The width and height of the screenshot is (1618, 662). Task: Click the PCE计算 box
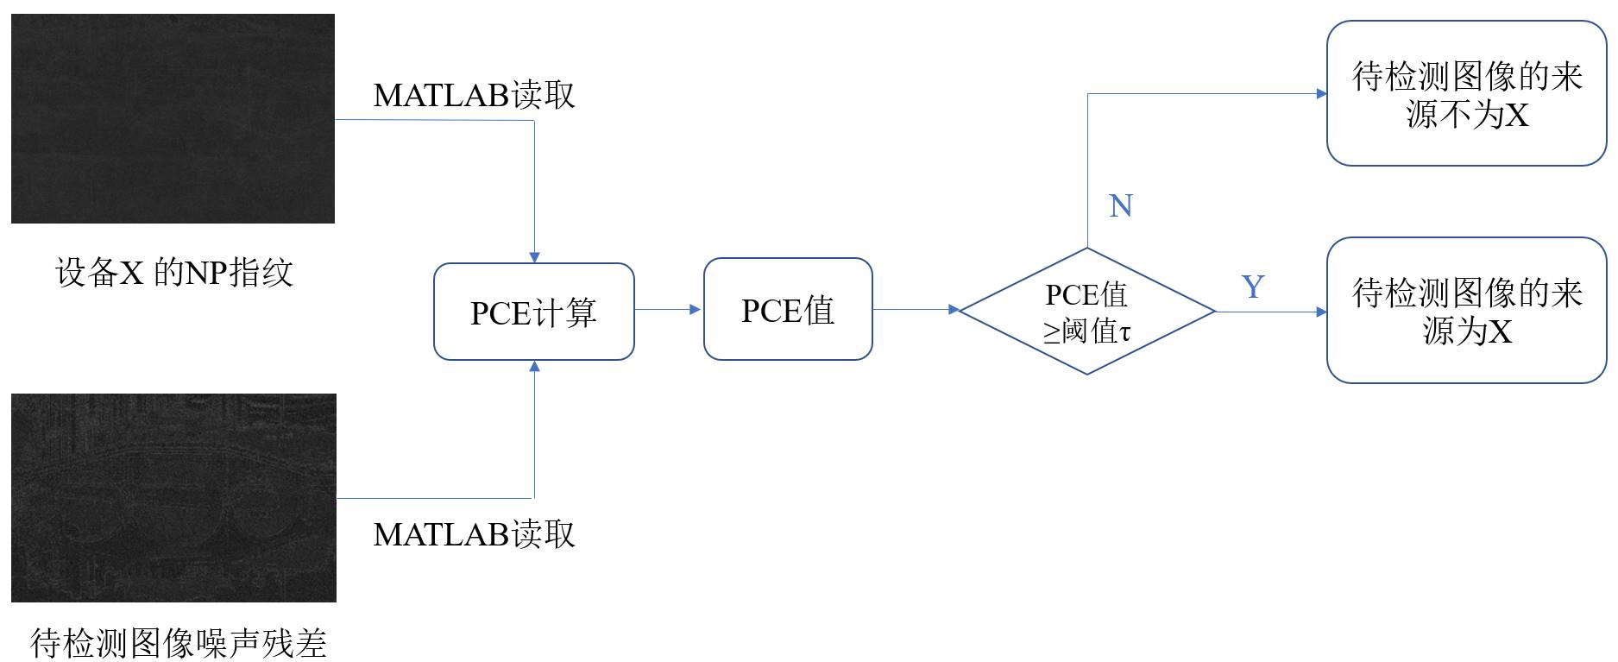click(x=534, y=312)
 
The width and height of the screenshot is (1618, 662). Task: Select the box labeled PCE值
click(x=788, y=309)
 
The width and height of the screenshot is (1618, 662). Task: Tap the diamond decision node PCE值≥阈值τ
click(x=1087, y=312)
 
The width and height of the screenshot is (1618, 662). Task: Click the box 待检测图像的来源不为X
click(x=1466, y=93)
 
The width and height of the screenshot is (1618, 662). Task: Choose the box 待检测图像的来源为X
click(x=1466, y=310)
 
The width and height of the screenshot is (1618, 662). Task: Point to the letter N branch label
click(x=1120, y=205)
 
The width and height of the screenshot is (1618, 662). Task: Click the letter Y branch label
click(x=1253, y=287)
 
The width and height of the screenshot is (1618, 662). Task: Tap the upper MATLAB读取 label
click(x=474, y=95)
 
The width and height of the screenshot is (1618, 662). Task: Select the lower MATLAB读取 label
click(x=474, y=534)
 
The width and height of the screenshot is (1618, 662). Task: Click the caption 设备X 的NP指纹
click(x=174, y=273)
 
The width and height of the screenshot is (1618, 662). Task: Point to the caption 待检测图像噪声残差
click(x=179, y=643)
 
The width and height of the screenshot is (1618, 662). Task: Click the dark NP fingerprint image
click(x=173, y=118)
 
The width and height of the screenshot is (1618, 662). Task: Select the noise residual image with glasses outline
click(x=173, y=498)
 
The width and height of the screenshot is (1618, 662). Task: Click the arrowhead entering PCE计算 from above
click(x=534, y=257)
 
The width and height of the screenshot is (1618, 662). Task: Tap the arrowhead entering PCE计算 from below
click(x=534, y=366)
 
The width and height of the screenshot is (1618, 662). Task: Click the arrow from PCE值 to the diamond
click(x=916, y=309)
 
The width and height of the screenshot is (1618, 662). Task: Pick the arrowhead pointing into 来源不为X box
click(x=1321, y=93)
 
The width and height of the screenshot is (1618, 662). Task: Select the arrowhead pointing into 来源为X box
click(x=1321, y=312)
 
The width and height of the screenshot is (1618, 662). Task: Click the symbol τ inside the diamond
click(x=1124, y=332)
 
